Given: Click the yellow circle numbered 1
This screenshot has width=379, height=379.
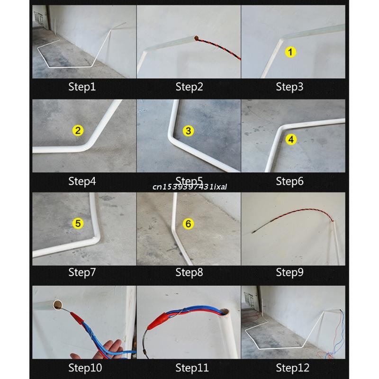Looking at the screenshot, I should point(290,52).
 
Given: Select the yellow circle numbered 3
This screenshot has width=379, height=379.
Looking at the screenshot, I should point(188,131).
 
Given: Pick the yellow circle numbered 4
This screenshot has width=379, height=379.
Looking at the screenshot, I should point(291,139).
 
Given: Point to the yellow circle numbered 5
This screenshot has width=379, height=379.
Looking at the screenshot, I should point(78,224).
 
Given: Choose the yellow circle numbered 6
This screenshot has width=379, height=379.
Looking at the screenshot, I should point(188,224).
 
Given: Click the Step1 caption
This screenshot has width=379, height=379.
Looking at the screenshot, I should point(82,87).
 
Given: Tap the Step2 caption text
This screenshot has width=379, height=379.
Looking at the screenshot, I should point(189,87).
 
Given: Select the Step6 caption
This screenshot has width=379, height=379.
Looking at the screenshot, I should point(289,181).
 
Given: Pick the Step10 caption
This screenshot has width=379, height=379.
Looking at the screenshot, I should point(85,368).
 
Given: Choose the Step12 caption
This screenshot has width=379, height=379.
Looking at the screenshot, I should point(292,368).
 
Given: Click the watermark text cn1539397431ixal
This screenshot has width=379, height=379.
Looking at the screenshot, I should point(189,187).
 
